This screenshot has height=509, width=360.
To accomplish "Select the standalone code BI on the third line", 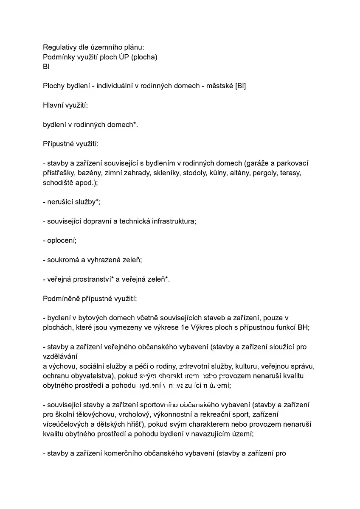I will coord(46,67).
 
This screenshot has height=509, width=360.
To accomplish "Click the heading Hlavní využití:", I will coord(65,105).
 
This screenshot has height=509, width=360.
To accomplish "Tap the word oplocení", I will coord(62,241).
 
